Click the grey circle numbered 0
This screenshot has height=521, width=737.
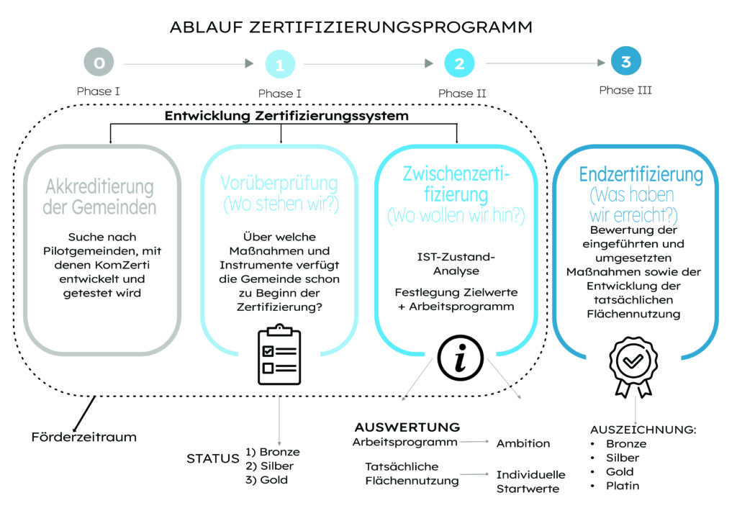(x=99, y=64)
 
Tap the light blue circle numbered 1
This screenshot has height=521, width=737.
(x=280, y=65)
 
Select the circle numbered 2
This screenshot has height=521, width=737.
(x=459, y=64)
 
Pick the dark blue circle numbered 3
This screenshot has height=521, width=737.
(x=625, y=62)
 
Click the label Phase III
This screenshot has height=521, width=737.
(x=625, y=91)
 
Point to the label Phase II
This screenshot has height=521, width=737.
(x=461, y=94)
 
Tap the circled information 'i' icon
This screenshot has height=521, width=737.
(x=461, y=356)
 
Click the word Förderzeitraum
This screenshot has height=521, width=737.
(x=83, y=437)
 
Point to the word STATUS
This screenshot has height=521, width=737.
(x=212, y=458)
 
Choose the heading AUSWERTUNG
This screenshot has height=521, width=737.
(x=407, y=427)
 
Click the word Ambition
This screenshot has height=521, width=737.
(x=523, y=443)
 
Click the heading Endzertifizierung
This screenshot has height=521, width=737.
(x=641, y=174)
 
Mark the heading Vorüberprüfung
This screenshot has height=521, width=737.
(x=281, y=184)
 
